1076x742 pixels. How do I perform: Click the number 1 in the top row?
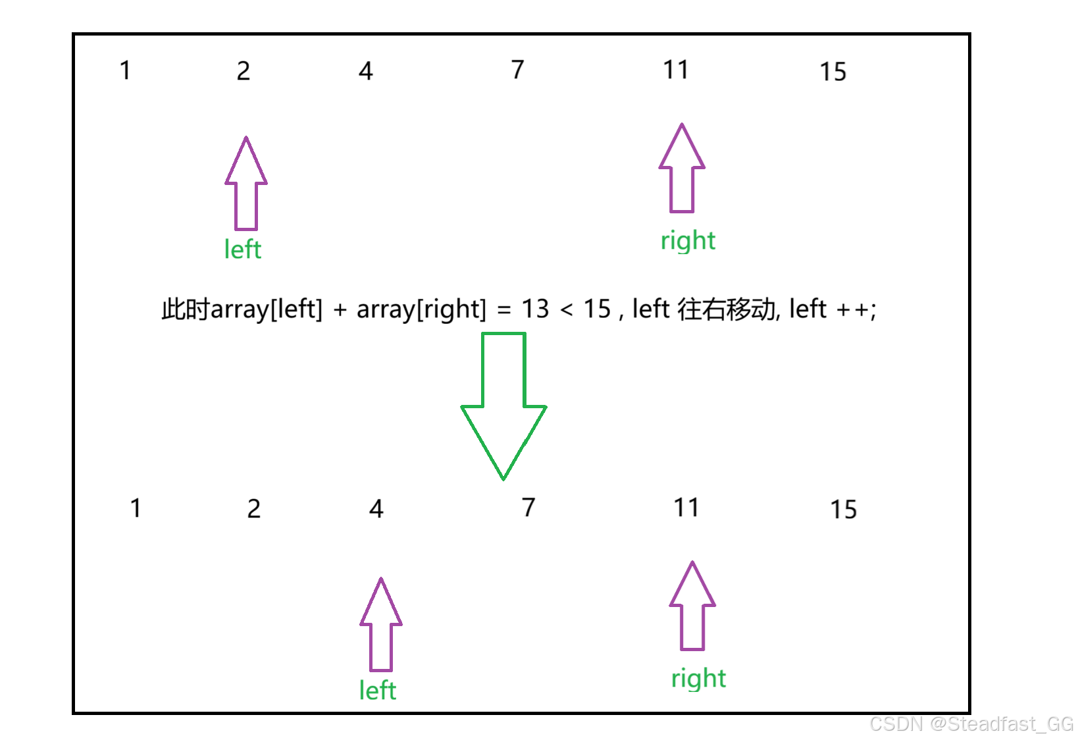[125, 70]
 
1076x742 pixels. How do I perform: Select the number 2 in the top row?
[243, 71]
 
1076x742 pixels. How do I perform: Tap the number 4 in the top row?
[366, 71]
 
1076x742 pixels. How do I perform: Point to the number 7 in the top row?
[518, 69]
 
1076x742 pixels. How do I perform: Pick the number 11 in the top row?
[676, 70]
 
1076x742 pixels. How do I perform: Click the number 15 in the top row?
[833, 72]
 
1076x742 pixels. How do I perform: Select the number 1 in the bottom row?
[136, 508]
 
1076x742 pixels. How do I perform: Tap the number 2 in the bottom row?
[254, 509]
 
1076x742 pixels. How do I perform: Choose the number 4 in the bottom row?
[376, 509]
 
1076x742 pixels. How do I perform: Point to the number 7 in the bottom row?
[528, 507]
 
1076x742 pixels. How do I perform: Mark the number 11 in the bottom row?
[686, 508]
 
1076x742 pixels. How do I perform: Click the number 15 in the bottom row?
[843, 510]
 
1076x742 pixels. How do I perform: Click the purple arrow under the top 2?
[246, 184]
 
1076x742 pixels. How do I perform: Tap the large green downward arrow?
[503, 404]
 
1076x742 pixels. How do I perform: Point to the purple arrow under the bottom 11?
[692, 606]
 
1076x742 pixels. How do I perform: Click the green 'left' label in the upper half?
[243, 250]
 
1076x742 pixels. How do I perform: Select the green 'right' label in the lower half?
[698, 678]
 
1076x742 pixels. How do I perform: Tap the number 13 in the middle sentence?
[535, 309]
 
